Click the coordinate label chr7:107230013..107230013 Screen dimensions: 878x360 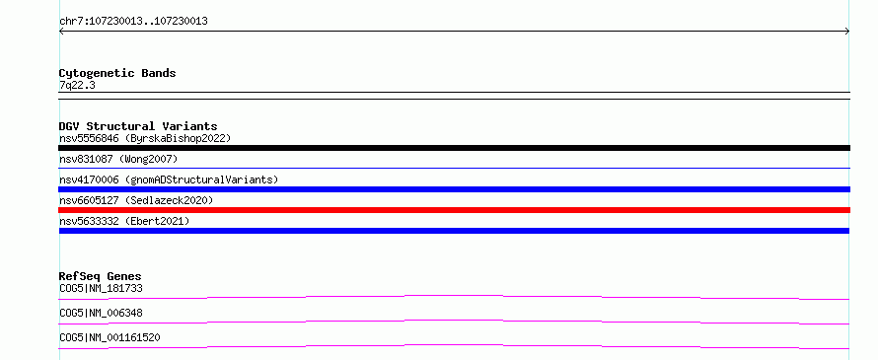click(133, 22)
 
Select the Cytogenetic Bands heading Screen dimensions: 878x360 click(117, 73)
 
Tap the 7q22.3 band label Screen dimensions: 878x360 click(77, 86)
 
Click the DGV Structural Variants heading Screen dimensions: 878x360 click(138, 126)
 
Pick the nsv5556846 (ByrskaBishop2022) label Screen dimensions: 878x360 click(145, 138)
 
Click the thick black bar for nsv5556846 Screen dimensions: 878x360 click(454, 148)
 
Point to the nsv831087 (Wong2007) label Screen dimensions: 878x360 click(118, 160)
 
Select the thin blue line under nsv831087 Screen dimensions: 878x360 click(454, 168)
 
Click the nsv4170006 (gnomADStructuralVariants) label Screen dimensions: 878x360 click(169, 180)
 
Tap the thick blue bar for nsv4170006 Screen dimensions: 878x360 click(454, 189)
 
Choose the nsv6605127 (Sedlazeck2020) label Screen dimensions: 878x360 click(136, 200)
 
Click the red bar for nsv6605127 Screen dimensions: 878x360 click(454, 210)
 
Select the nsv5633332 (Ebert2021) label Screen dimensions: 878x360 click(124, 221)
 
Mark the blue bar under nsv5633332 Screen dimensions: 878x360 click(454, 231)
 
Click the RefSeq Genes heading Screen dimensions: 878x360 click(101, 276)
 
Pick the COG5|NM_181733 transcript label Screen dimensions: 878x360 click(101, 289)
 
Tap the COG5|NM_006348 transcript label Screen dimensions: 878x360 click(101, 313)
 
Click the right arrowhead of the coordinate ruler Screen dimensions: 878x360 click(848, 32)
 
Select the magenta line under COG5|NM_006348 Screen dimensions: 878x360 click(454, 321)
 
